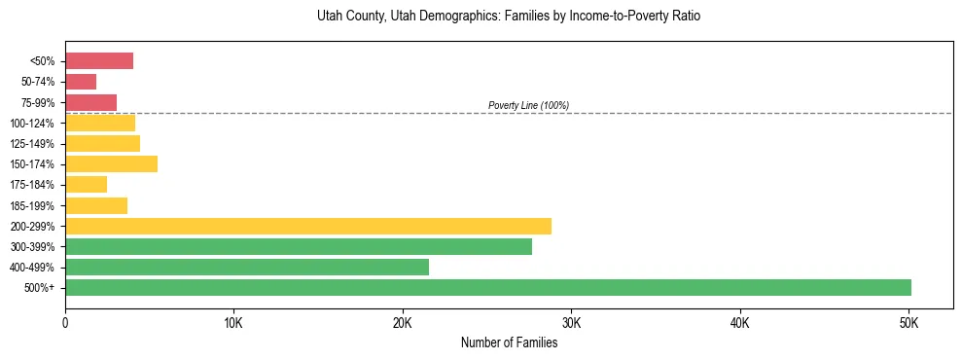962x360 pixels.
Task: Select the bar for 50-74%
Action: click(x=81, y=82)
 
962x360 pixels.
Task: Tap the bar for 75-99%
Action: click(x=90, y=102)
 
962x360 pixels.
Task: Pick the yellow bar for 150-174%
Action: click(x=111, y=164)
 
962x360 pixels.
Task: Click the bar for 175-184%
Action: click(x=86, y=185)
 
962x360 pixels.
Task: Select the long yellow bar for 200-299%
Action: click(x=308, y=226)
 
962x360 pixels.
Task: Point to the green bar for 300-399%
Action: click(x=299, y=246)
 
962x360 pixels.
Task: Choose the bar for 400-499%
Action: click(x=247, y=267)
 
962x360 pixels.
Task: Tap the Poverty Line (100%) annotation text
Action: click(x=528, y=105)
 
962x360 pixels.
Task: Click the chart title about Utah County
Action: click(x=509, y=17)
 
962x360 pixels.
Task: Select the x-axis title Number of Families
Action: click(x=509, y=342)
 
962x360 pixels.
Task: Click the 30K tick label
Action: click(x=571, y=322)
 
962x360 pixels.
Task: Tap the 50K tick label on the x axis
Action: click(x=909, y=322)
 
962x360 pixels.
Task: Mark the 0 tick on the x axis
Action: click(x=65, y=322)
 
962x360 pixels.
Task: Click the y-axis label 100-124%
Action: click(x=32, y=124)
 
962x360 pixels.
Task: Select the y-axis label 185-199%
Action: click(x=32, y=205)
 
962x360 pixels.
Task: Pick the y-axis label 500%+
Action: click(x=40, y=288)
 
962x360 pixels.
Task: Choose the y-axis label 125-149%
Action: click(x=32, y=144)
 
